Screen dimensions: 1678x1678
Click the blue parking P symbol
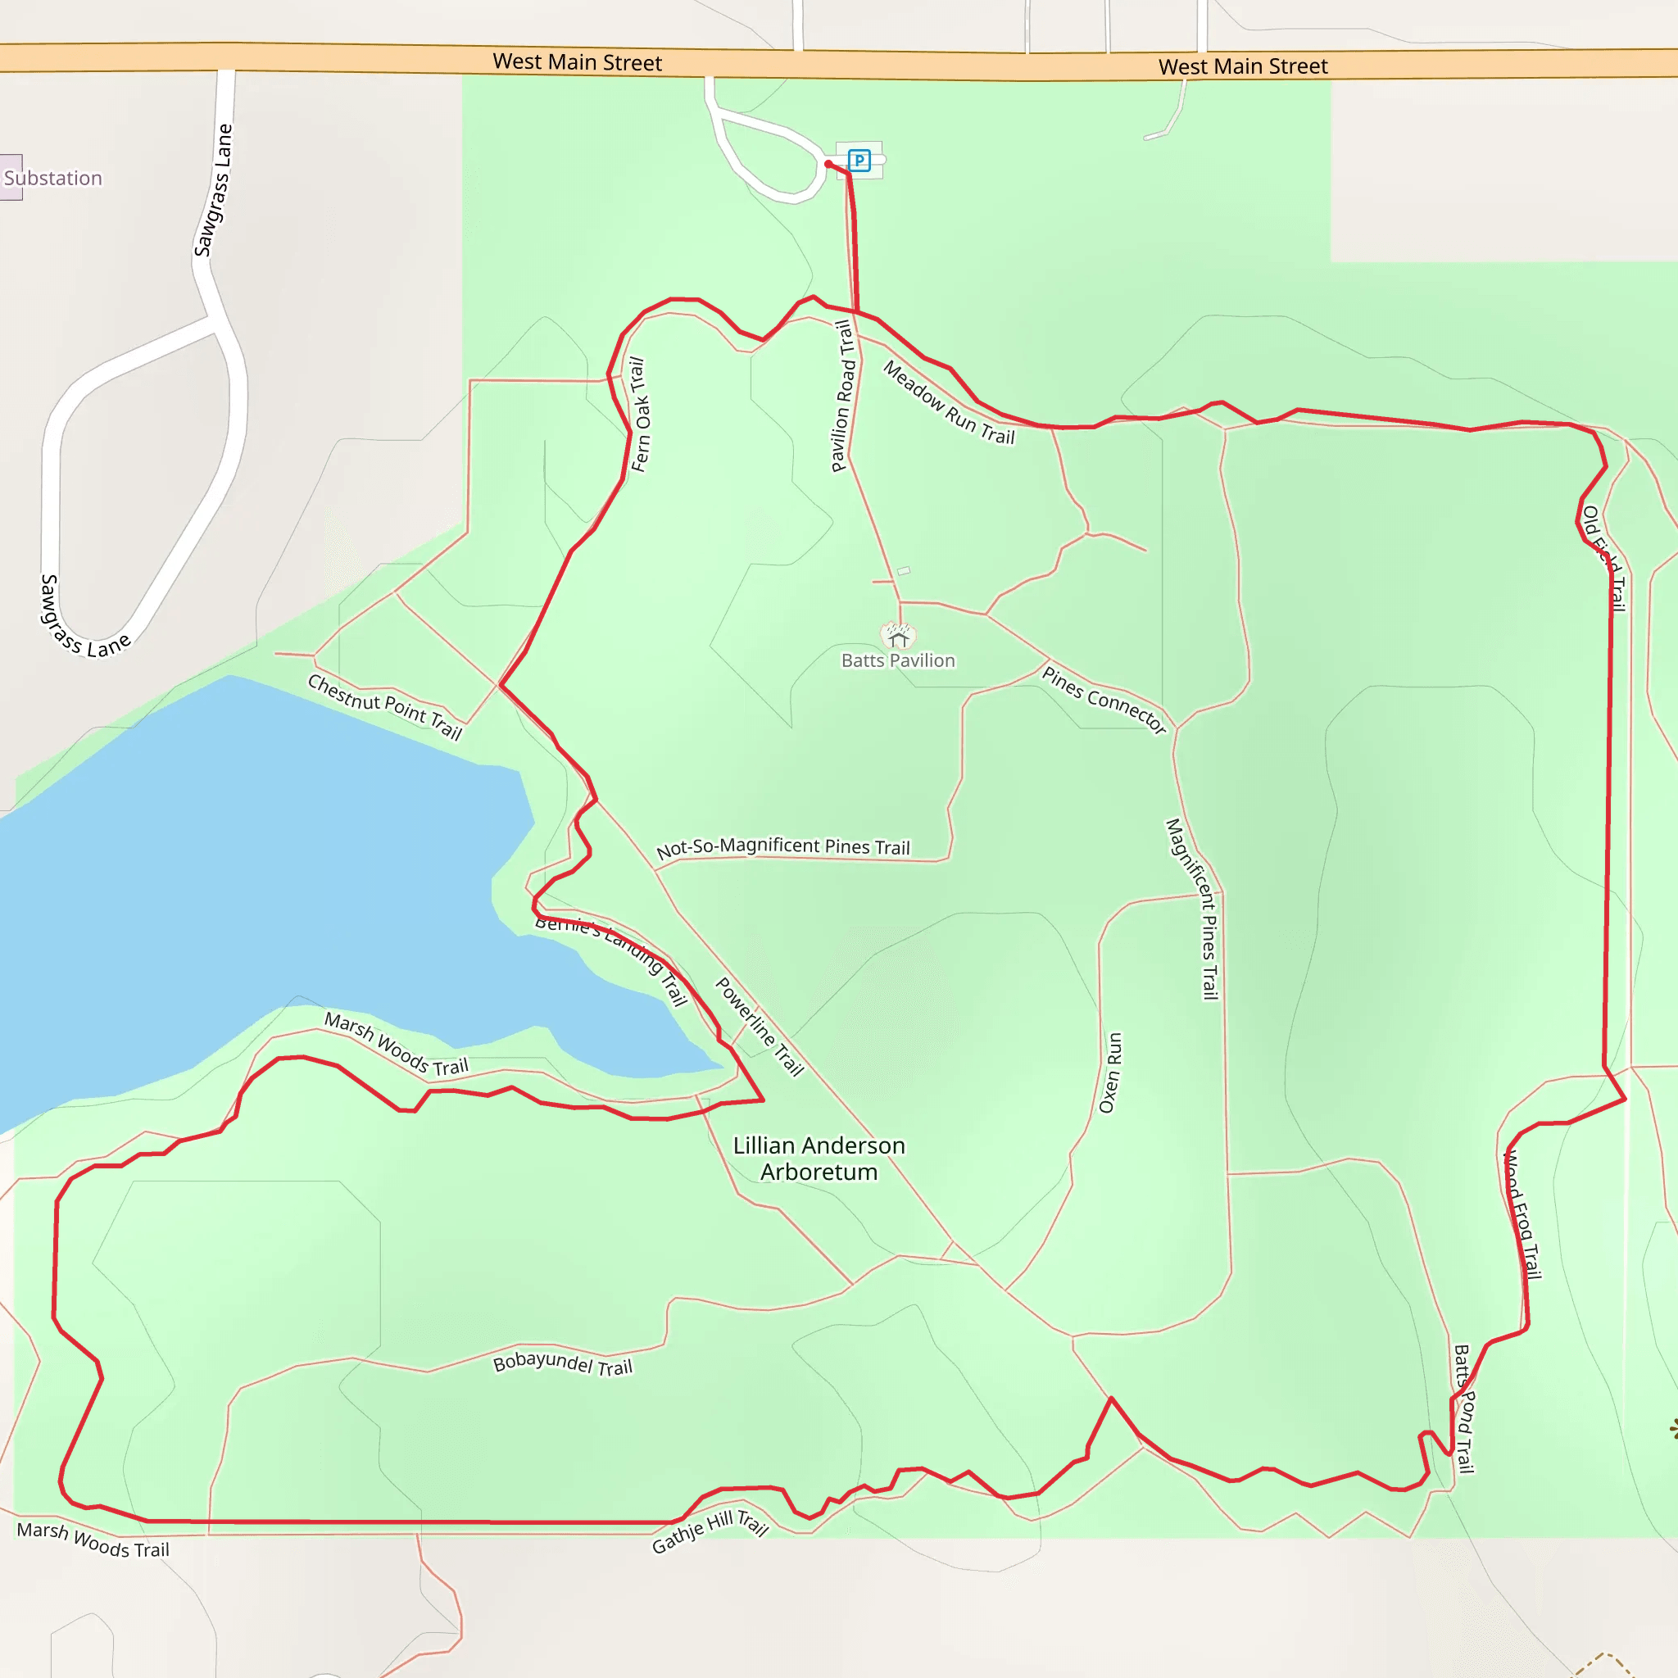(x=859, y=160)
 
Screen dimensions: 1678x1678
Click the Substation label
(x=53, y=178)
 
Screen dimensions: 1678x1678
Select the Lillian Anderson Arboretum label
(x=819, y=1159)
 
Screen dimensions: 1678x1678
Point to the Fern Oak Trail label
(x=639, y=415)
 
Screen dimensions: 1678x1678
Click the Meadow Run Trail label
(x=950, y=403)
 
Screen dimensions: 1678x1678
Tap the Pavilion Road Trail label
(x=843, y=396)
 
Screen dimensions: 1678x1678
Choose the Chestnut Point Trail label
(x=385, y=706)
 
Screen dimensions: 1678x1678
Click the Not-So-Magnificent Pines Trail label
(x=782, y=847)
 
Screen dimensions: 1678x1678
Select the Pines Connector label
(x=1104, y=700)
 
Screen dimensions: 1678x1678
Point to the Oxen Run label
(x=1111, y=1073)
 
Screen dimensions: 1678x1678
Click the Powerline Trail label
(x=759, y=1027)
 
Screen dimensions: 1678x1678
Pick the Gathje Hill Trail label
(x=710, y=1531)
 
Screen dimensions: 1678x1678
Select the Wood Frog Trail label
(x=1522, y=1214)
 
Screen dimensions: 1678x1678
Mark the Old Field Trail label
(x=1604, y=559)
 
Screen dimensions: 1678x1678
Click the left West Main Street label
(x=577, y=62)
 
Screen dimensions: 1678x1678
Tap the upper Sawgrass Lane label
(x=214, y=190)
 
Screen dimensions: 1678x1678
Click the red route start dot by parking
(x=828, y=163)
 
